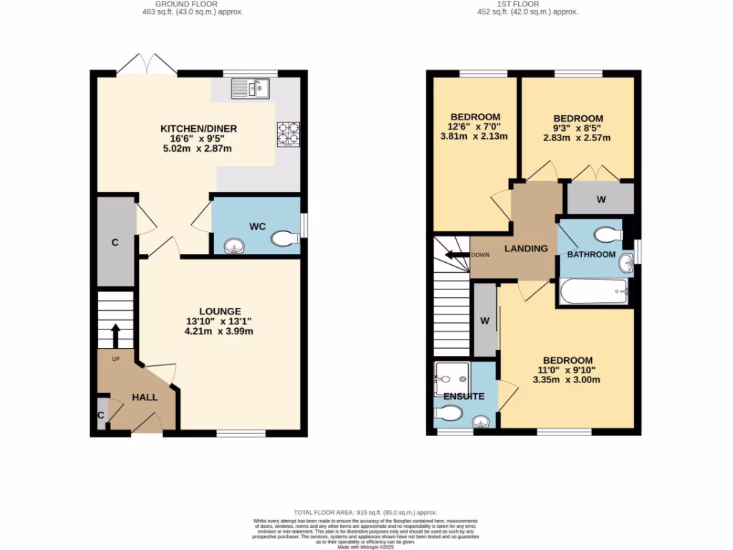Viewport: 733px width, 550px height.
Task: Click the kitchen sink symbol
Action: tap(250, 88)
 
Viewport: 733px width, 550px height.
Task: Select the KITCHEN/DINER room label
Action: tap(198, 129)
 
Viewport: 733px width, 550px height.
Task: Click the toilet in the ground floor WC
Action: tap(285, 238)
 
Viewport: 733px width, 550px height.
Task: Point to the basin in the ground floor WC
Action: tap(233, 247)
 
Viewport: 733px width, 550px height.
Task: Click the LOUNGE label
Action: tap(220, 312)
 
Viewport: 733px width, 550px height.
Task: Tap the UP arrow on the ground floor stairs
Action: tap(115, 334)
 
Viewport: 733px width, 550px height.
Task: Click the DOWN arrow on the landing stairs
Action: tap(455, 255)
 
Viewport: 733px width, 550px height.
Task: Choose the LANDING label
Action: tap(525, 249)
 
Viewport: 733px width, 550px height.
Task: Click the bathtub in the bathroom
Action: tap(593, 291)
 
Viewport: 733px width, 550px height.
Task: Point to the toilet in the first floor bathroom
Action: tap(608, 234)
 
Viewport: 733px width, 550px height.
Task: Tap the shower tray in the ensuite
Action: tap(452, 378)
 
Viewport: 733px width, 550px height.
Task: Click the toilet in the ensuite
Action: tap(450, 413)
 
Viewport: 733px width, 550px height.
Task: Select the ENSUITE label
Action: tap(463, 396)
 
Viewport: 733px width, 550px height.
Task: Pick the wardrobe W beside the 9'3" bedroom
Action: tap(601, 199)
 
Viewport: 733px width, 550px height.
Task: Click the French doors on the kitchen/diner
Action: tap(147, 66)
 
